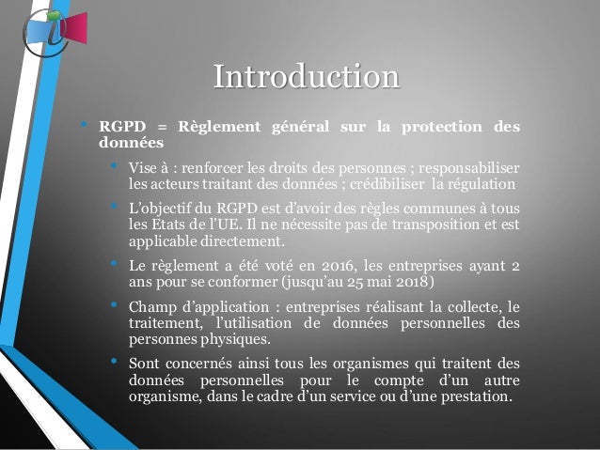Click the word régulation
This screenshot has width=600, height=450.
tap(482, 183)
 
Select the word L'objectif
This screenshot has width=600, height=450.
tap(162, 210)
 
